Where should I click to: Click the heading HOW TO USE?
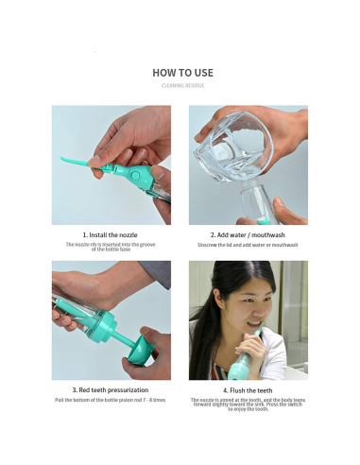click(x=181, y=73)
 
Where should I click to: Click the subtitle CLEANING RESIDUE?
click(x=181, y=87)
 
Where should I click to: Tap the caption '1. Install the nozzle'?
click(x=111, y=233)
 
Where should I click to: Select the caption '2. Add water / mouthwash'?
click(x=248, y=233)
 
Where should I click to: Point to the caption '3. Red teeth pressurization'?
click(x=111, y=389)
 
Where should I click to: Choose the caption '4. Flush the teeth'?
click(x=248, y=389)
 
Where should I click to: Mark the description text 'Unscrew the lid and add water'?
click(x=248, y=244)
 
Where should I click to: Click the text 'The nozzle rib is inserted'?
click(x=111, y=244)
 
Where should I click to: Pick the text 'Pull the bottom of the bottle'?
click(x=111, y=400)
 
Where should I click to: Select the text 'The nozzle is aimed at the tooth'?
click(x=248, y=400)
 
